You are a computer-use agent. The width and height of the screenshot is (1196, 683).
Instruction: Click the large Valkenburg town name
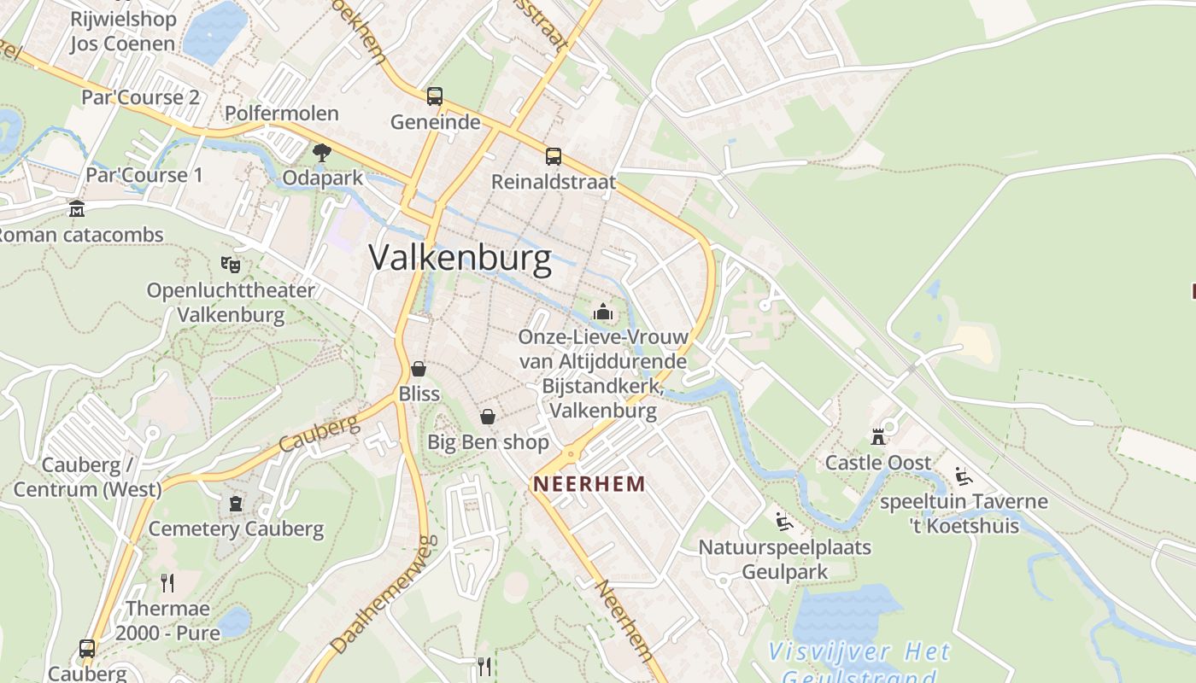tap(461, 257)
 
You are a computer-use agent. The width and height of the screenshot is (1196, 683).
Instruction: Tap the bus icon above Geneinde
tap(435, 96)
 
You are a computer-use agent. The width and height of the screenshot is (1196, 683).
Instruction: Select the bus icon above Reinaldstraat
tap(554, 156)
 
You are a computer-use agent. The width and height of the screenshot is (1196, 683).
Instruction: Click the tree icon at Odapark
tap(322, 153)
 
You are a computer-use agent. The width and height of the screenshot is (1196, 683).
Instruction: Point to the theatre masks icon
tap(229, 265)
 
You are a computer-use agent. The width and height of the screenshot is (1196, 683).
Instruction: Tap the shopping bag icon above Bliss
tap(419, 369)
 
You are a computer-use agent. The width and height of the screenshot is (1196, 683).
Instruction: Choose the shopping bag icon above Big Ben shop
tap(487, 417)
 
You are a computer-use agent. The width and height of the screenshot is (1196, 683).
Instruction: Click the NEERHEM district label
tap(589, 483)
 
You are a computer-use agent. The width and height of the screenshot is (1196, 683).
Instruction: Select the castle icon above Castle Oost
tap(877, 437)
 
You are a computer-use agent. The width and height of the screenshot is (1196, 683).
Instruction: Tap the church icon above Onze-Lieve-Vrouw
tap(603, 312)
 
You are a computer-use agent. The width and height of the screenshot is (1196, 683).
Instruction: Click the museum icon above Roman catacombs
tap(77, 209)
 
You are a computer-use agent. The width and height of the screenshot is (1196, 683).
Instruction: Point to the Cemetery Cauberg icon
tap(236, 504)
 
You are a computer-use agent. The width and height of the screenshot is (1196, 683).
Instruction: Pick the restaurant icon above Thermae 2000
tap(167, 583)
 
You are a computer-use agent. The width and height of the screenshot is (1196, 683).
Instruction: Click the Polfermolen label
tap(281, 113)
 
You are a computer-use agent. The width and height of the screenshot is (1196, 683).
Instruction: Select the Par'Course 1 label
tap(144, 175)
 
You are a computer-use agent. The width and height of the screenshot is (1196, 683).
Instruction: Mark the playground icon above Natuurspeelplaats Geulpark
tap(783, 521)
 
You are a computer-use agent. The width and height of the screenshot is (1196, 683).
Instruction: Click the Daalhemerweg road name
tap(385, 594)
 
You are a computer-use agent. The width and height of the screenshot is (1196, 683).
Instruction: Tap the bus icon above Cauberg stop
tap(87, 648)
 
